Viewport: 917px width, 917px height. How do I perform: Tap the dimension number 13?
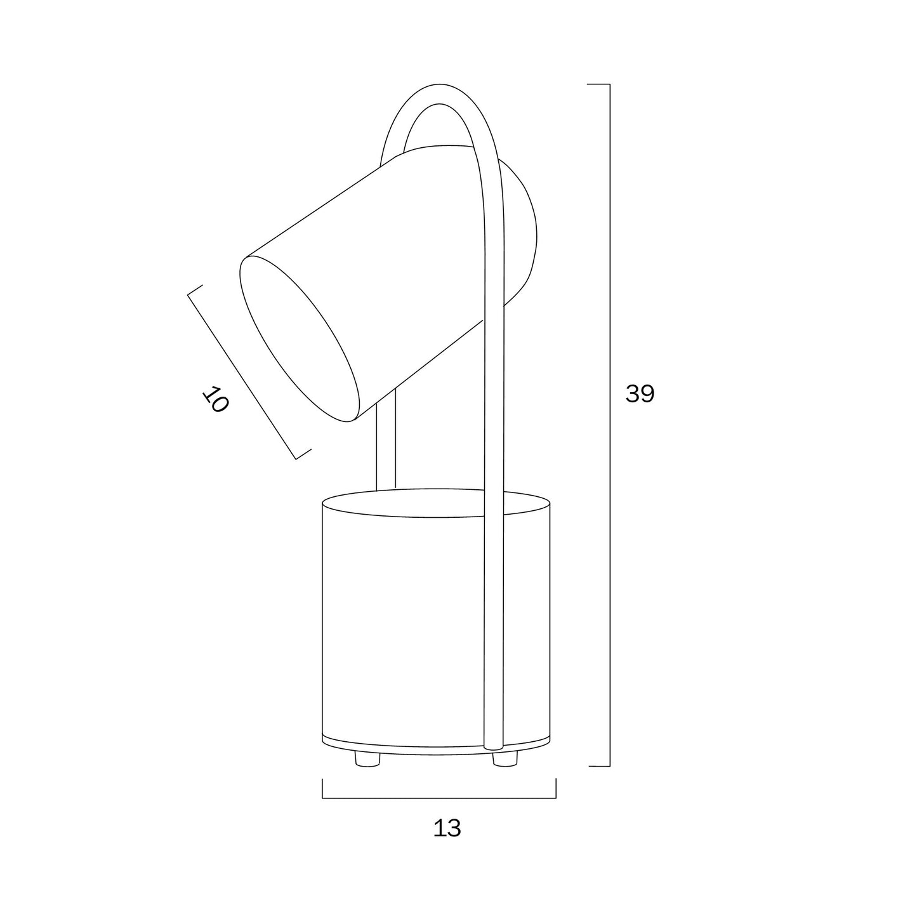[x=447, y=829]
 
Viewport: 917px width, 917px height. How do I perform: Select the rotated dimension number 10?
[x=216, y=399]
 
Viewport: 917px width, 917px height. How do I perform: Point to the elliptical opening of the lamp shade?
[x=300, y=338]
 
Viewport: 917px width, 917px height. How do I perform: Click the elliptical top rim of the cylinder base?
[x=437, y=503]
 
